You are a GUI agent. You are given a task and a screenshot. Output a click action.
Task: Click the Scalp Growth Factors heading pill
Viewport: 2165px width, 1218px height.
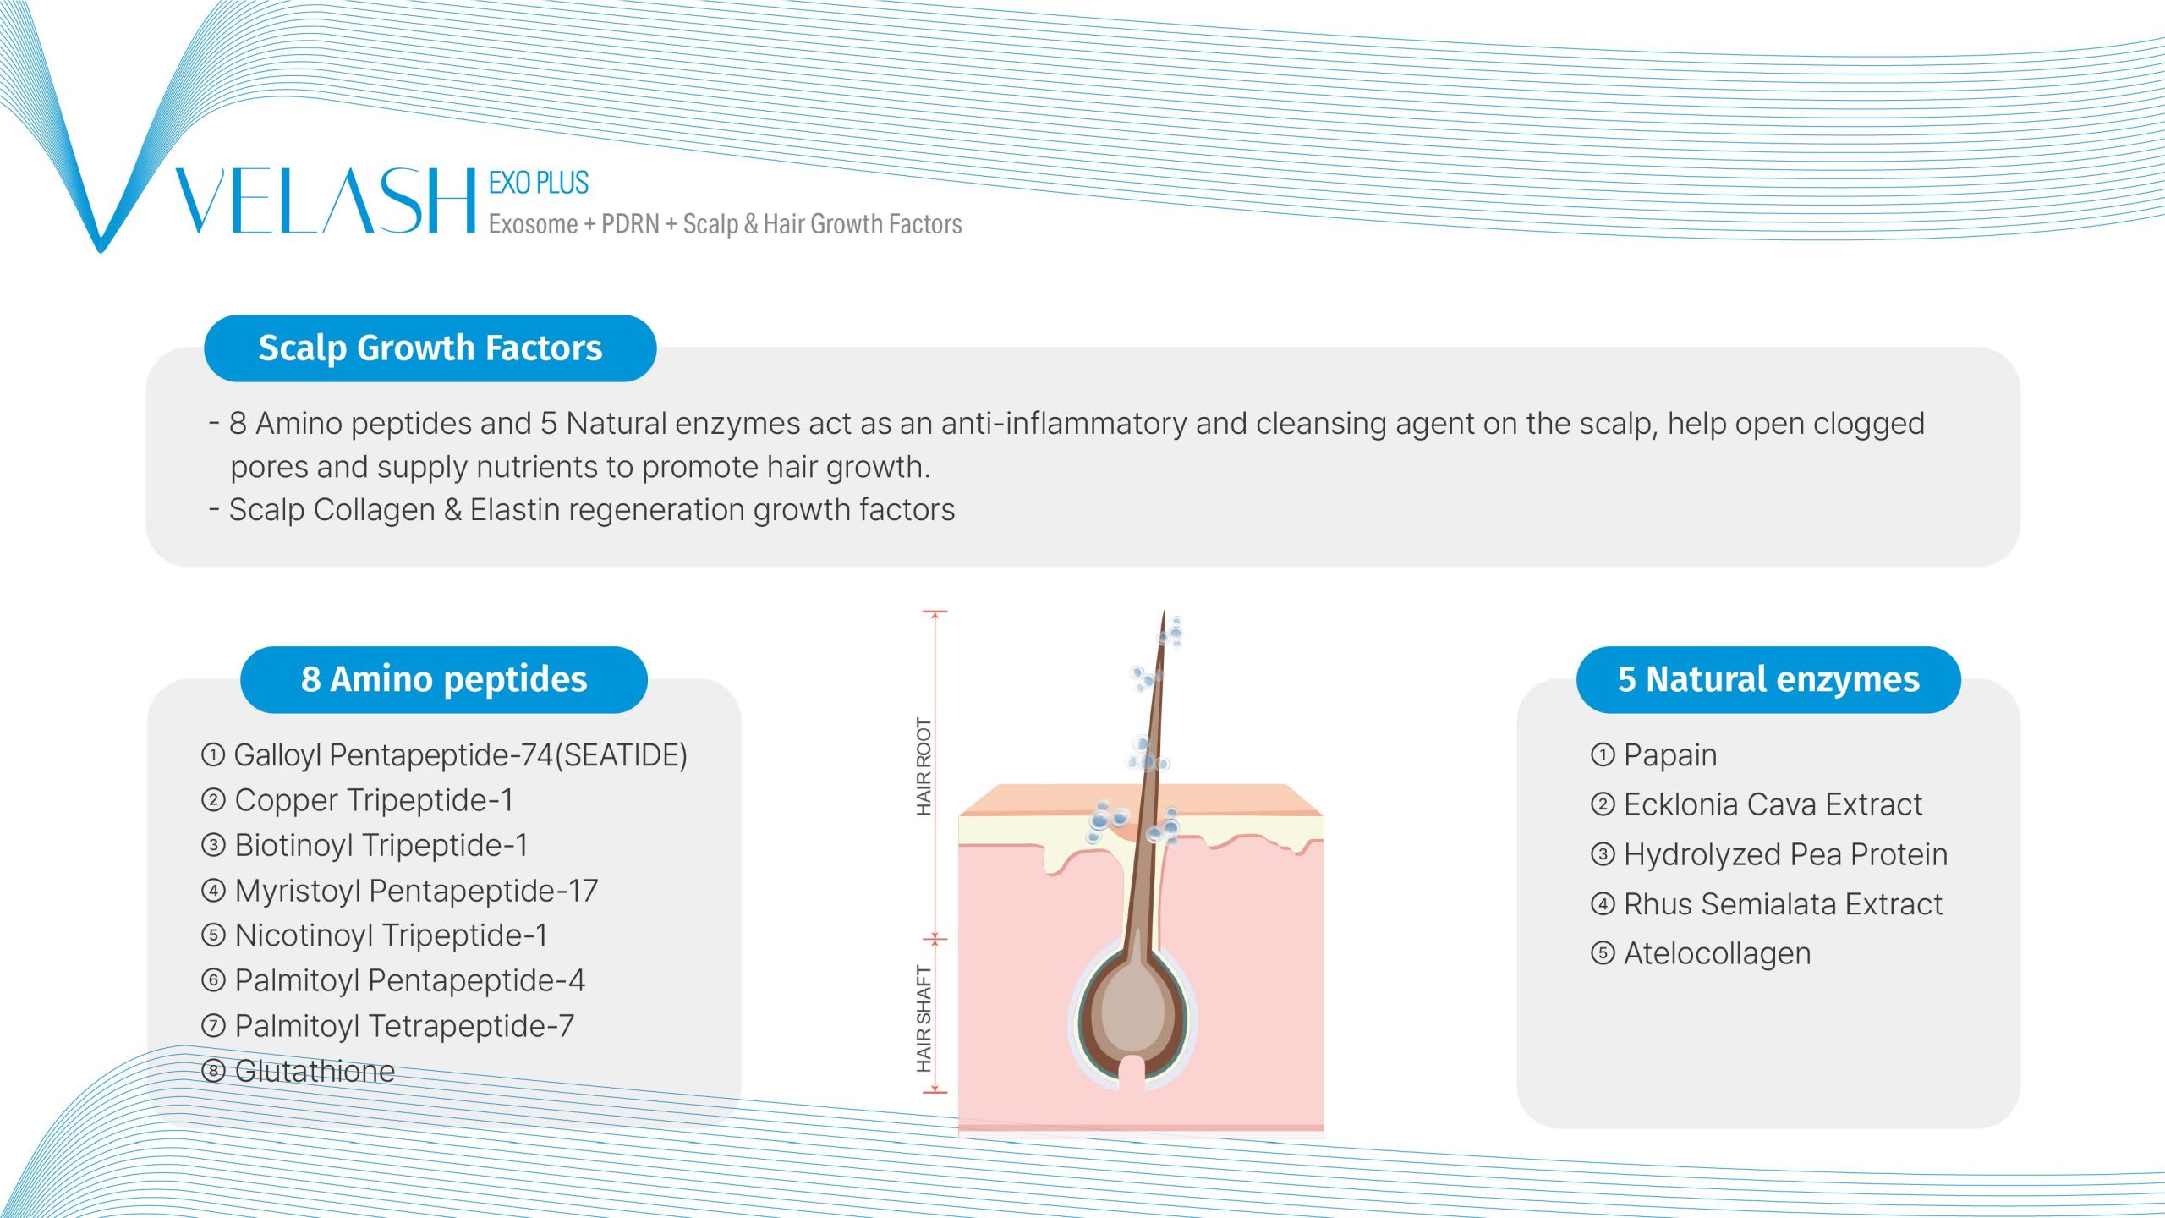[x=430, y=348]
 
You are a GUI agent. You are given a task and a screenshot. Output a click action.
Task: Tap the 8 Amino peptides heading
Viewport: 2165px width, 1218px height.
[x=444, y=680]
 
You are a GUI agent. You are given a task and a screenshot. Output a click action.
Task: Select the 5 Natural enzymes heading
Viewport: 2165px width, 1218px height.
[x=1768, y=680]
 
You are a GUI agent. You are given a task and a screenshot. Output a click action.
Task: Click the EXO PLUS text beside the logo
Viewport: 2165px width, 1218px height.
[x=539, y=183]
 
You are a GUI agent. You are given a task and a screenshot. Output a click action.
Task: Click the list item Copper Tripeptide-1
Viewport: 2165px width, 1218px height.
[x=374, y=800]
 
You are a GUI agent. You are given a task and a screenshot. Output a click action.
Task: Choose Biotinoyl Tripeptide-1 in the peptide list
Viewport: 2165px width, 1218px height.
[x=381, y=845]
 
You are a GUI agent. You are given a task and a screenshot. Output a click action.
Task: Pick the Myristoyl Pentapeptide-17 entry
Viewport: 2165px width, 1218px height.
[x=416, y=891]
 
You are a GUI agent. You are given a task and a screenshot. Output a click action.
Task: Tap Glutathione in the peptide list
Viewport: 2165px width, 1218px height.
[x=315, y=1072]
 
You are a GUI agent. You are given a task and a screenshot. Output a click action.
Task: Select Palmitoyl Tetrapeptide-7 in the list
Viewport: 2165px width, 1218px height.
[x=404, y=1026]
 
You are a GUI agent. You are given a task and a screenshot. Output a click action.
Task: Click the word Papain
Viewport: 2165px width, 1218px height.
[x=1670, y=755]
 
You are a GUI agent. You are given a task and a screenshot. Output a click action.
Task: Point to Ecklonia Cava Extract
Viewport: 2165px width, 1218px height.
[x=1773, y=804]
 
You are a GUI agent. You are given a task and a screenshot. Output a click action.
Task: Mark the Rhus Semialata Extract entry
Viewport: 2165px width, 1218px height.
[x=1783, y=904]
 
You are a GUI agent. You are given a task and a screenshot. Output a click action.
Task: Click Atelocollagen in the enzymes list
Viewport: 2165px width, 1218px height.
[x=1717, y=954]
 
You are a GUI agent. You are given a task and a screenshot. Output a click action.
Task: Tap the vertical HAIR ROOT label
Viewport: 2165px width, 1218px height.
[x=924, y=767]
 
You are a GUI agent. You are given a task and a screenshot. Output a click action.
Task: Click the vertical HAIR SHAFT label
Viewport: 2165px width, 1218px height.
[x=924, y=1019]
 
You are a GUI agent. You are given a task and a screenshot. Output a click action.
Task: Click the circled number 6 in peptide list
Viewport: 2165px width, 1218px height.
[x=213, y=981]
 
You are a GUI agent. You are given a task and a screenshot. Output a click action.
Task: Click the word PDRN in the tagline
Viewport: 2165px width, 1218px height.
[x=630, y=224]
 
